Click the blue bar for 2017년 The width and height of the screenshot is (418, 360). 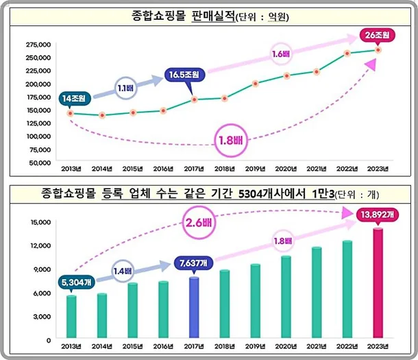(x=194, y=309)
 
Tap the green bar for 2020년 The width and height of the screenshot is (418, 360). (x=286, y=298)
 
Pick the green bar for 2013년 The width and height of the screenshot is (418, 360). (x=70, y=315)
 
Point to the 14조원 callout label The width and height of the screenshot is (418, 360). (x=74, y=99)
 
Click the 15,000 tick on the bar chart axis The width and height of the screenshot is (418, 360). (x=38, y=221)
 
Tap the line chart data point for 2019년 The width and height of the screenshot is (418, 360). (x=256, y=84)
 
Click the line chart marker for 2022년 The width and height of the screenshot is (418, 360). (x=347, y=53)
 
